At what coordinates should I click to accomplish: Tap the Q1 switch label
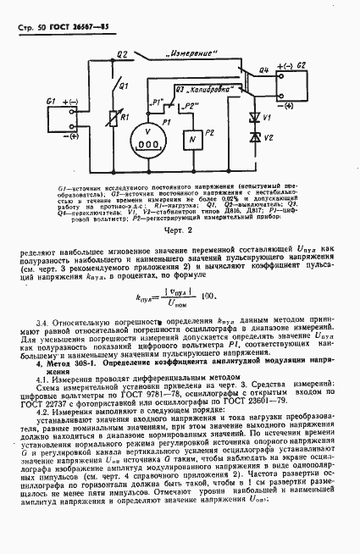[x=124, y=86]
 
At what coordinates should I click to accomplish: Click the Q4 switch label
[x=264, y=70]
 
